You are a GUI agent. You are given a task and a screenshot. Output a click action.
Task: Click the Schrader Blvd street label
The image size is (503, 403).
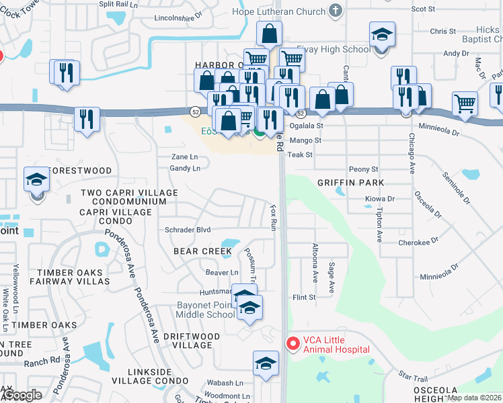click(x=188, y=230)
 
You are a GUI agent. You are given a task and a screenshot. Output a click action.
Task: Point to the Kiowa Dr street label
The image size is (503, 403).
click(x=379, y=199)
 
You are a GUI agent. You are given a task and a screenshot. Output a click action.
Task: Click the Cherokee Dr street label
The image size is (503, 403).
click(x=418, y=242)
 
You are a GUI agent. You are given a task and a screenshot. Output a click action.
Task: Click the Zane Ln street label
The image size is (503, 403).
click(x=184, y=156)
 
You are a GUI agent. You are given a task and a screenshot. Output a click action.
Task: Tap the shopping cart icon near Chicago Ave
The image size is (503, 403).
click(x=465, y=103)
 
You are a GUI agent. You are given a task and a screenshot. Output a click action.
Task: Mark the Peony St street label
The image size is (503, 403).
click(x=363, y=169)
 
